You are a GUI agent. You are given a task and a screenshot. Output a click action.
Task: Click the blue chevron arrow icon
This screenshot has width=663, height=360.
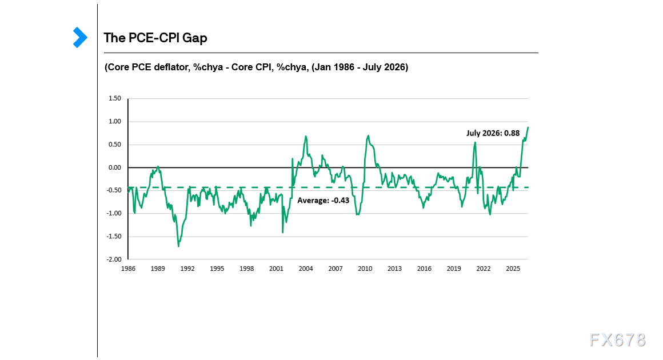[80, 38]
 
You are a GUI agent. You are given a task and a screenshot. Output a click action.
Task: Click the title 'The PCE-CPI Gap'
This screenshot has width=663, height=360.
[155, 38]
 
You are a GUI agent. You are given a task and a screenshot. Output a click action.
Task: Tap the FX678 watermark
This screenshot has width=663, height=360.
[618, 340]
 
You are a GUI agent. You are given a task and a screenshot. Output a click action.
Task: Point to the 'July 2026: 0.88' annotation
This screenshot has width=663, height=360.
[493, 133]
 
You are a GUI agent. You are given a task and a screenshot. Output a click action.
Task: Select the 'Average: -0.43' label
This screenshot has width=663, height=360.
[323, 200]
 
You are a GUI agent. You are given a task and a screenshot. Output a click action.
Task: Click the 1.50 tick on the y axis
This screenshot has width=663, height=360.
[114, 98]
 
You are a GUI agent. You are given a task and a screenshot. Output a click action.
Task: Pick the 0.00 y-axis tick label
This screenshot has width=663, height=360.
[114, 168]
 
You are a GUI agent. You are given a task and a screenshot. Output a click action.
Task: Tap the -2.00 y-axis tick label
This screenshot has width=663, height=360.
[114, 259]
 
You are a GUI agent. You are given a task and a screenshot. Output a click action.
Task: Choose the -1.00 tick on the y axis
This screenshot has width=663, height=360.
[114, 213]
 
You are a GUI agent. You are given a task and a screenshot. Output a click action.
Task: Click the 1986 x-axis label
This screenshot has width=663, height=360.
[128, 269]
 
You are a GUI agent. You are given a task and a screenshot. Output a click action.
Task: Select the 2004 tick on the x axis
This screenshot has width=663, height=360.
[306, 269]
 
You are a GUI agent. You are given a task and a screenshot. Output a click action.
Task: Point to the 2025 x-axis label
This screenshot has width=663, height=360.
[513, 269]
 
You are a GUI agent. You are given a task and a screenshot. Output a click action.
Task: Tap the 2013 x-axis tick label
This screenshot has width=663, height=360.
[394, 269]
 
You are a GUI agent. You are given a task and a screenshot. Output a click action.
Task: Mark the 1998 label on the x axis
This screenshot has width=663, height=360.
[246, 269]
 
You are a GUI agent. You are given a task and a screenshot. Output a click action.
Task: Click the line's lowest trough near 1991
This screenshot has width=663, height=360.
[178, 246]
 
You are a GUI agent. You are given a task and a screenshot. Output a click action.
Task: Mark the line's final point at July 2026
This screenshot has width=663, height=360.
[528, 127]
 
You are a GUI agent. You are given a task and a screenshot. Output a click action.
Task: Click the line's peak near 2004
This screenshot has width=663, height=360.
[306, 136]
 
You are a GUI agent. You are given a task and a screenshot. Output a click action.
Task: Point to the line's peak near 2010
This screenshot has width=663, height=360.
[368, 135]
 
